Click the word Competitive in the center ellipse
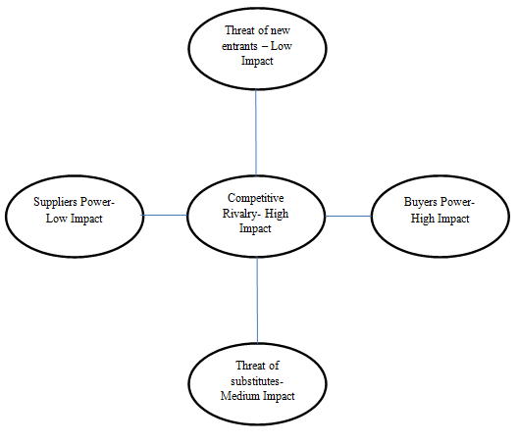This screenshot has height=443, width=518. tap(255, 198)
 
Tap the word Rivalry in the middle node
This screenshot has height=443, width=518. tap(237, 214)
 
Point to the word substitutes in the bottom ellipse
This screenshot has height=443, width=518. tap(255, 381)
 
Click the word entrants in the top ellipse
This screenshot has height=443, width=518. tap(239, 46)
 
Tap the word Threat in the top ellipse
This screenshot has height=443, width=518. tap(239, 30)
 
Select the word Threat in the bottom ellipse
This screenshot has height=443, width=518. tap(250, 366)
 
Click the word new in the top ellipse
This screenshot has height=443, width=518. tap(281, 31)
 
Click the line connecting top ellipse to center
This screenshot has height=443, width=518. tap(256, 132)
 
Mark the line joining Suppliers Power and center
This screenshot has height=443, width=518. tap(165, 216)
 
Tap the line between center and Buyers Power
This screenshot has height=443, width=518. tap(348, 217)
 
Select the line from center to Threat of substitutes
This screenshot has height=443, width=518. tap(257, 300)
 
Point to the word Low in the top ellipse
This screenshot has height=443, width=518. tap(282, 46)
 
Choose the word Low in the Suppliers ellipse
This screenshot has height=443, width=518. tap(56, 219)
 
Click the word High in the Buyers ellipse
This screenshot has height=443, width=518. tap(422, 219)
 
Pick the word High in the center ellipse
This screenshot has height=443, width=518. tap(277, 214)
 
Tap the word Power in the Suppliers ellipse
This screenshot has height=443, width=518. tap(97, 202)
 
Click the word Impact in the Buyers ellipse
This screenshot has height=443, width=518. tap(453, 219)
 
